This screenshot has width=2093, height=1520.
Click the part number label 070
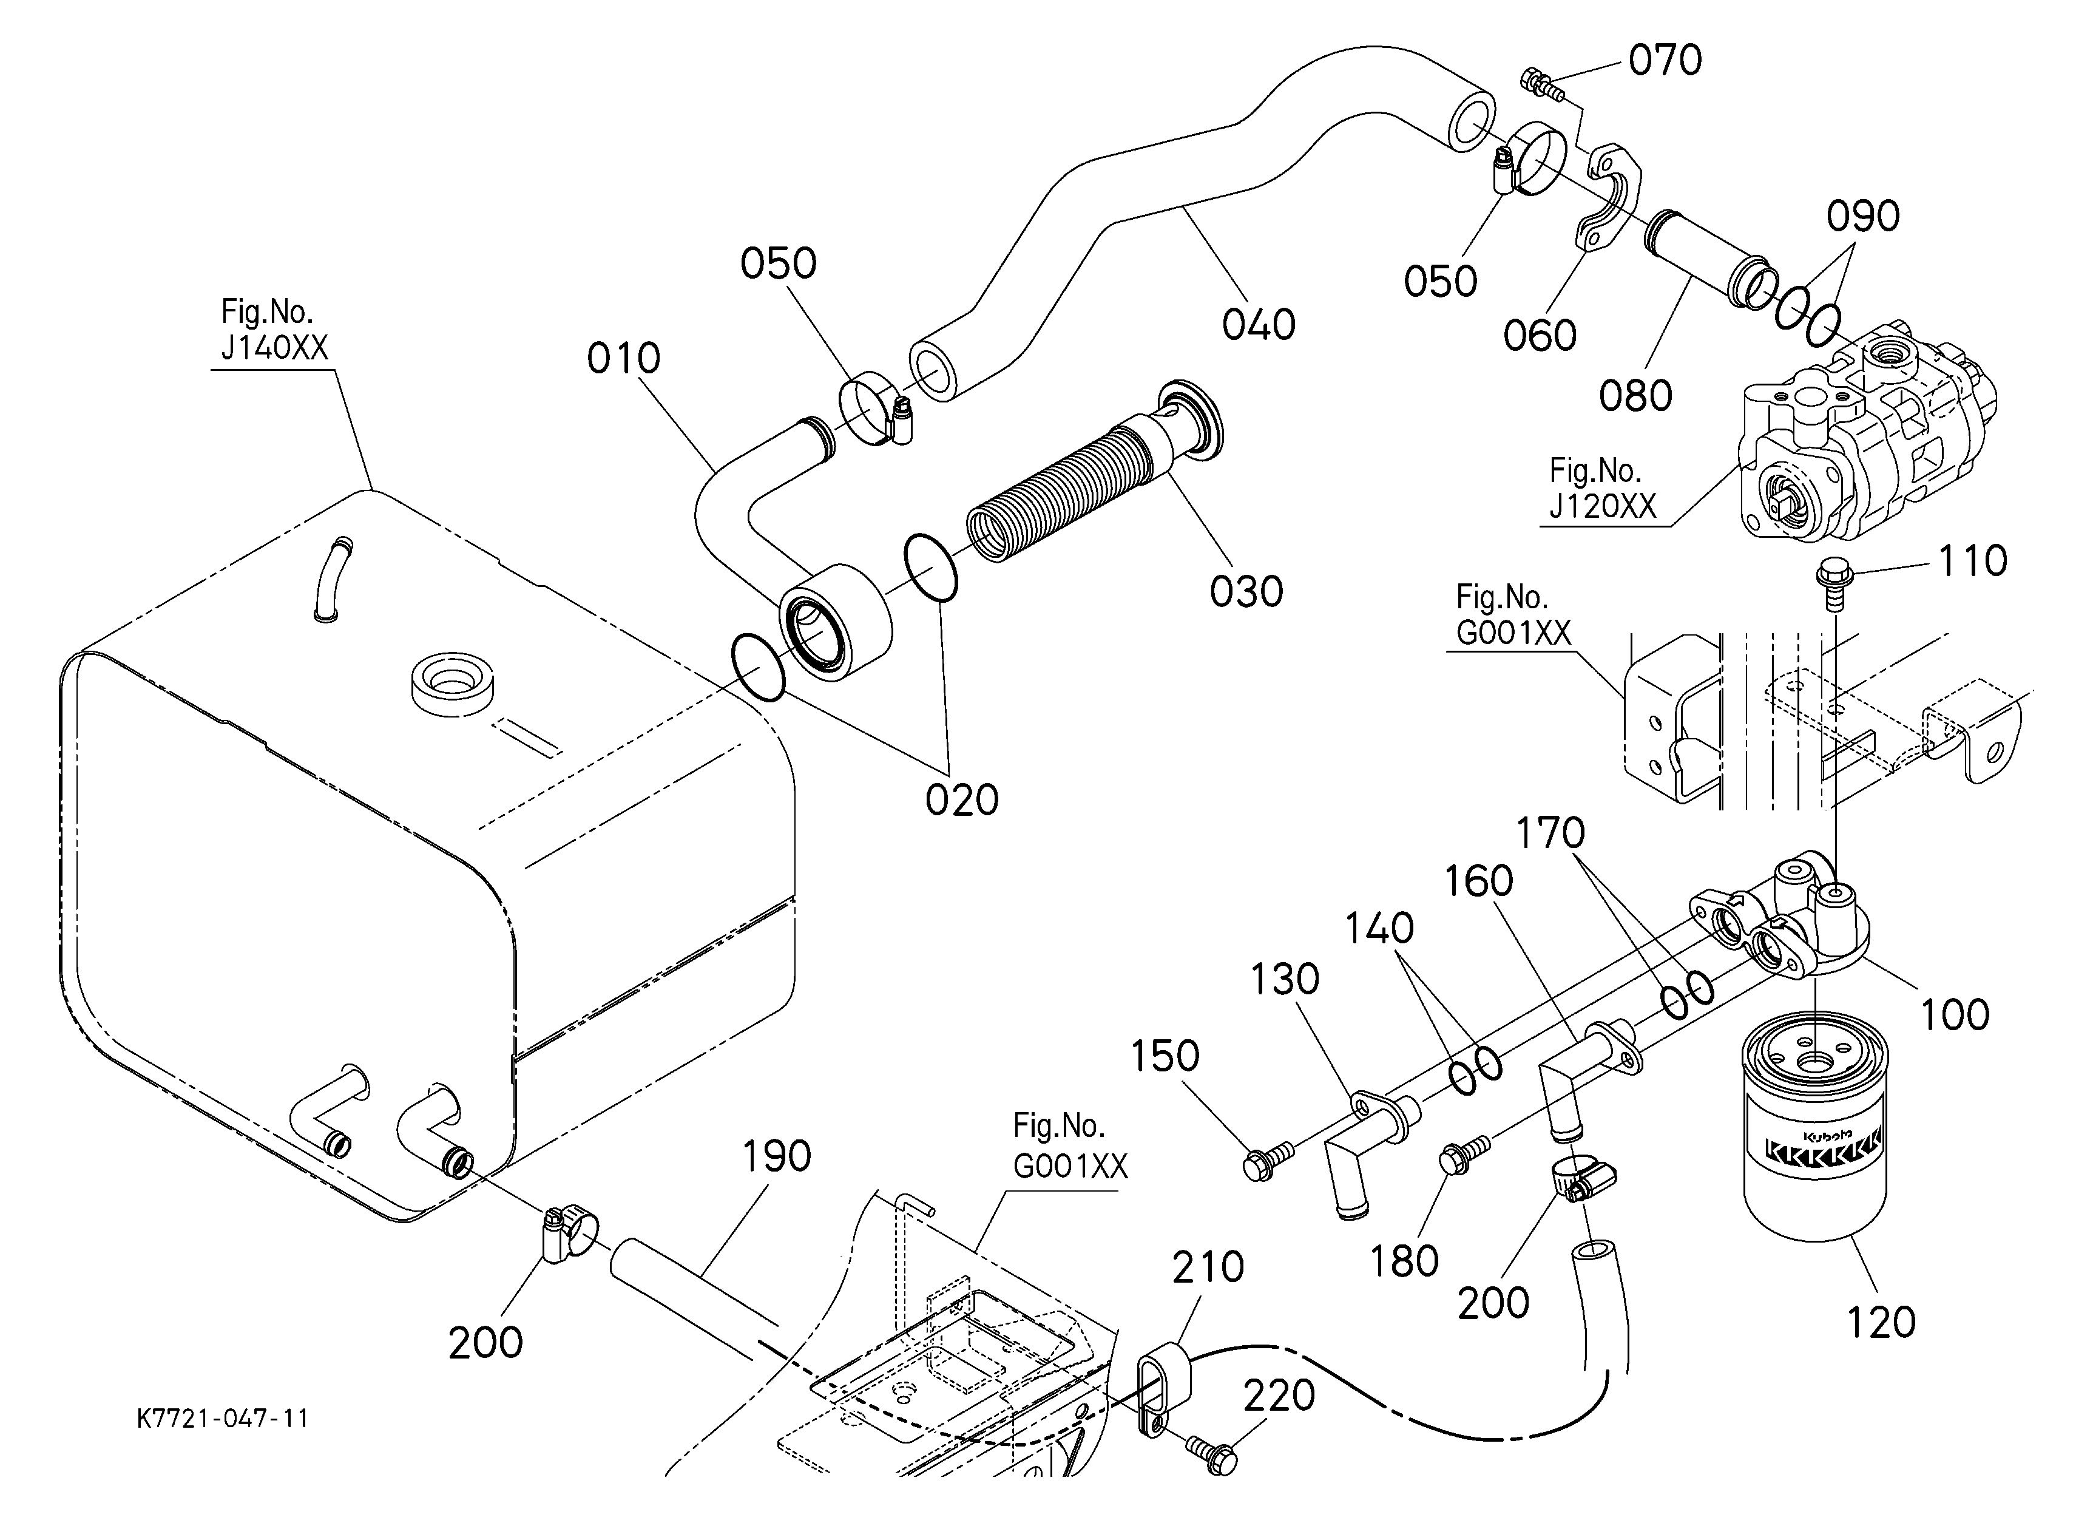click(1665, 61)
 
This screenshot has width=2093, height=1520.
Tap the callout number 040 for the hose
click(1259, 325)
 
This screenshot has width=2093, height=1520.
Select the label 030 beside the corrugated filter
click(1246, 592)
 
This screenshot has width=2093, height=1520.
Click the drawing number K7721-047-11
click(222, 1419)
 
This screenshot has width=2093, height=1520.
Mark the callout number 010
click(624, 359)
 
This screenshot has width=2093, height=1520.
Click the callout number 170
click(1550, 833)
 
